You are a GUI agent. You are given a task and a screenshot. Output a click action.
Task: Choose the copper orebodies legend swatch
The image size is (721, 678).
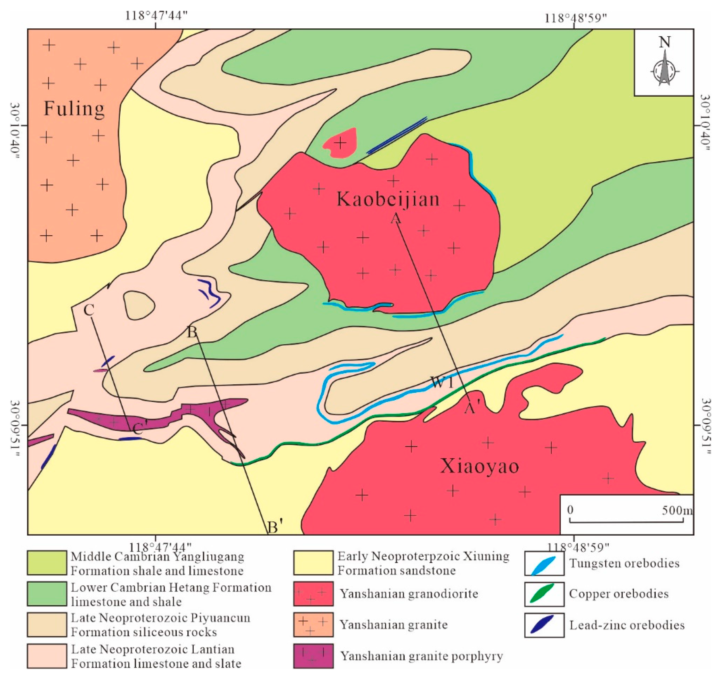tap(544, 594)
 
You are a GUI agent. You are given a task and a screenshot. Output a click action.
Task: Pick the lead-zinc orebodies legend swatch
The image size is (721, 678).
tap(544, 625)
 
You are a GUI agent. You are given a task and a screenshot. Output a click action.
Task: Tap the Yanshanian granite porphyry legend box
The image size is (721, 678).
tap(313, 656)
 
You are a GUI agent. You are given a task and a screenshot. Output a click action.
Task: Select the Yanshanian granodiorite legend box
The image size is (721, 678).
tap(313, 594)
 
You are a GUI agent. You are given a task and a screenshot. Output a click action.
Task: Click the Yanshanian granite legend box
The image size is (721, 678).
tap(313, 625)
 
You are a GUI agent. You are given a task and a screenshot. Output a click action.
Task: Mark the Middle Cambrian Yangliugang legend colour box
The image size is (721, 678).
tap(47, 563)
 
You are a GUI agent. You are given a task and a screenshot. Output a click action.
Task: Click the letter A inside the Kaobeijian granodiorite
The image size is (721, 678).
tap(396, 218)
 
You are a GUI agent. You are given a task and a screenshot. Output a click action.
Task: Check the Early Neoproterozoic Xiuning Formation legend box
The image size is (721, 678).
tap(313, 563)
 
